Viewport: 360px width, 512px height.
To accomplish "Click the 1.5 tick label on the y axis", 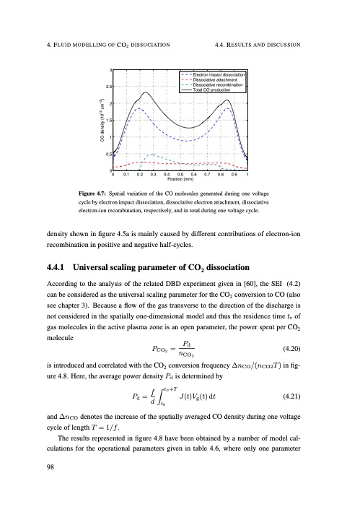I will [108, 120].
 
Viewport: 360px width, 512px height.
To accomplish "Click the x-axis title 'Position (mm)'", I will [180, 180].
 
